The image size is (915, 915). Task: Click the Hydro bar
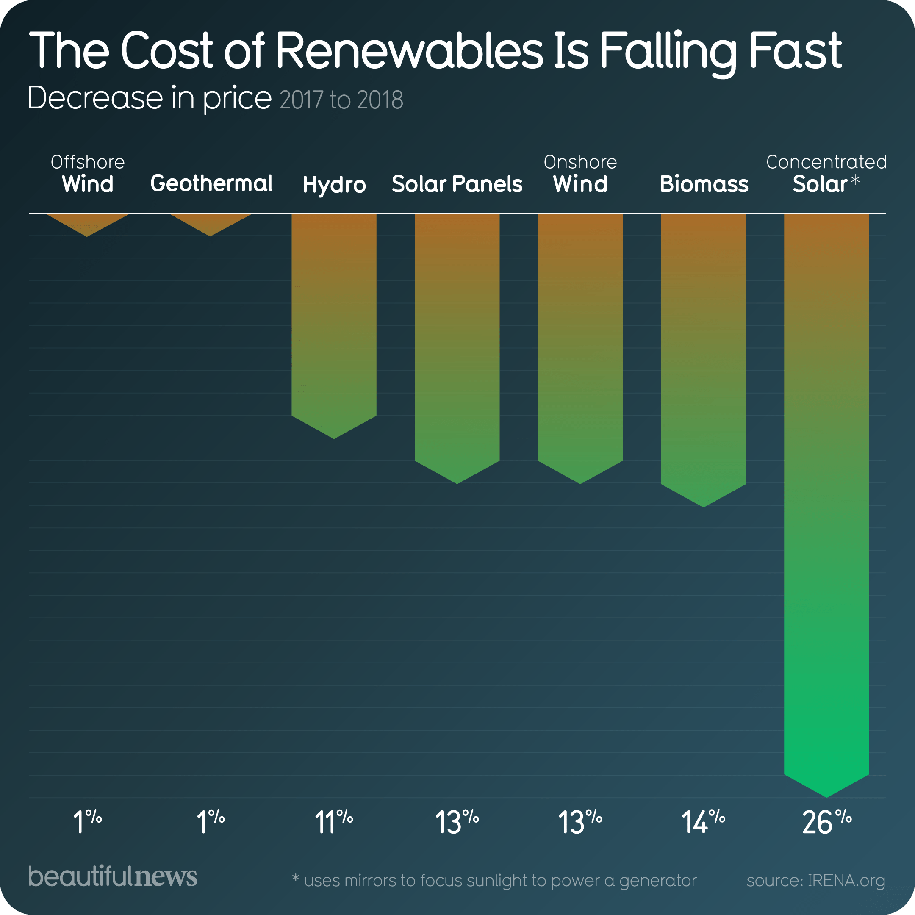coord(334,322)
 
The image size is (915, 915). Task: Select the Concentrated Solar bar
coord(826,497)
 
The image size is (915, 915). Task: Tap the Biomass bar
coord(703,355)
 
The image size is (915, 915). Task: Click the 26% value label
coord(826,823)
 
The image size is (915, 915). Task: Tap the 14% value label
coord(703,823)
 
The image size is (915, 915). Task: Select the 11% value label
coord(334,823)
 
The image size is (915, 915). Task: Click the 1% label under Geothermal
coord(210,823)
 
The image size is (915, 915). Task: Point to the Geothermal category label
coord(211,184)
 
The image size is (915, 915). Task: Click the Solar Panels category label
coord(457,184)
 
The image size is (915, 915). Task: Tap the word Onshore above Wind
coord(580,162)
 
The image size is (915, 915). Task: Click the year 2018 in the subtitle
coord(380,100)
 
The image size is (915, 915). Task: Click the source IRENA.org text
coord(815,880)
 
